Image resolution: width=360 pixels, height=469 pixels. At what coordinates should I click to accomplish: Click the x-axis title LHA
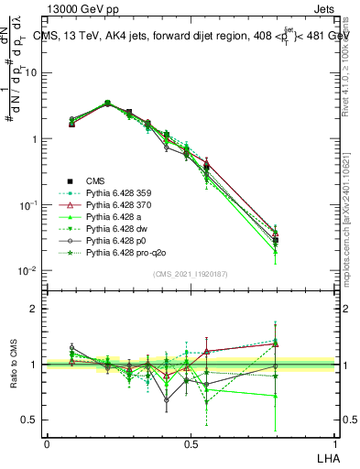[x=326, y=455]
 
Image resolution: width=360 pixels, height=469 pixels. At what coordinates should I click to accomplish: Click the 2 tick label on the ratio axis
[x=35, y=309]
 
